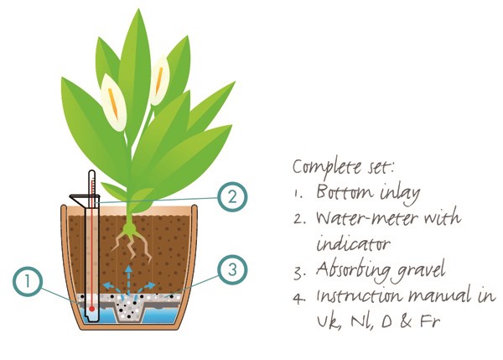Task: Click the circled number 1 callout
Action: pos(28,282)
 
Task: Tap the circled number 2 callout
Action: pos(232,196)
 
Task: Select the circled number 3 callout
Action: pos(232,269)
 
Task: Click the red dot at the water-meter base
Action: pos(92,309)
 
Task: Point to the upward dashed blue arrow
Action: pos(128,279)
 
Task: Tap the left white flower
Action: pos(113,103)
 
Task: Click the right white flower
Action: pos(159,81)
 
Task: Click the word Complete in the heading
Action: pos(327,167)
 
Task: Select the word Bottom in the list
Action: pos(345,191)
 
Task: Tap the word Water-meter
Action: pos(366,218)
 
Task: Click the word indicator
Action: pos(353,244)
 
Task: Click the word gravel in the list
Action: pos(421,271)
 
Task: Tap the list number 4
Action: pos(298,299)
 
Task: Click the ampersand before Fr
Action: pos(406,321)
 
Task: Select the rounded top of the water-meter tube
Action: pos(91,173)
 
